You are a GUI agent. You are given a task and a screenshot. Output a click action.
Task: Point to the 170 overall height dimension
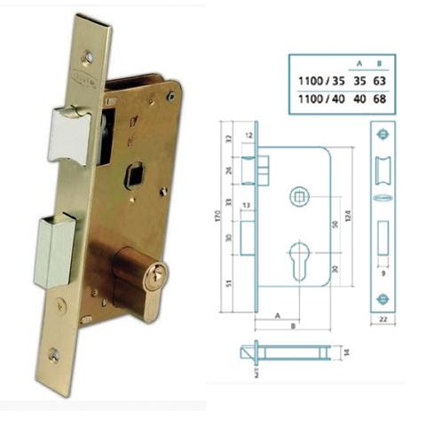[217, 217]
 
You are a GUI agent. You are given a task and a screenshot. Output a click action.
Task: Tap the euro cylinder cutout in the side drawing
[296, 263]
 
